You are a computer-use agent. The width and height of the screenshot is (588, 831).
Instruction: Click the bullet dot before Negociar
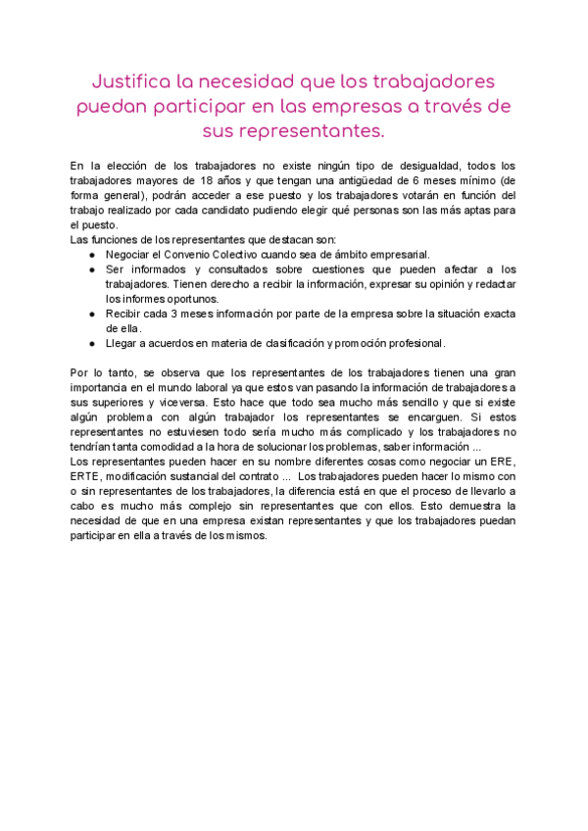[x=92, y=253]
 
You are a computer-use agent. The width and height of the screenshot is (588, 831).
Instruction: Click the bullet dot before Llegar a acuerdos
[x=92, y=343]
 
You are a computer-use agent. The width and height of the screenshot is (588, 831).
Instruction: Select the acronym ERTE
[x=86, y=477]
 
